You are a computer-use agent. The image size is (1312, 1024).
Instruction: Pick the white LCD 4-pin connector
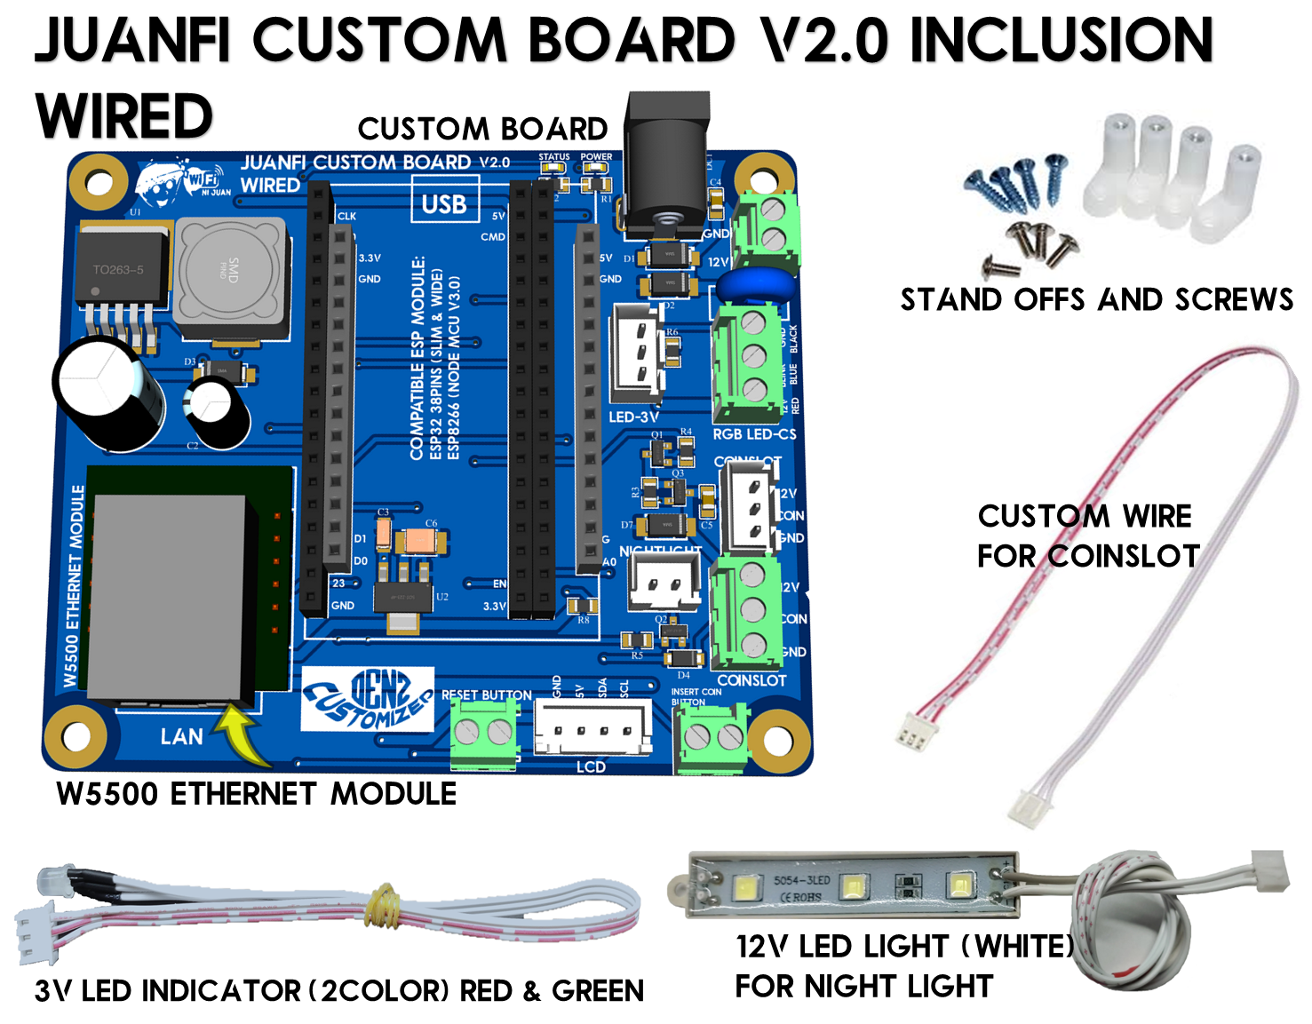592,726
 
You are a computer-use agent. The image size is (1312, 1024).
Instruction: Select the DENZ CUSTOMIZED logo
367,700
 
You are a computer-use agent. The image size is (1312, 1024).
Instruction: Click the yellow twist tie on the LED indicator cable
384,906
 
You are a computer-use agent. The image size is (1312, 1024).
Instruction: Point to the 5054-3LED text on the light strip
801,881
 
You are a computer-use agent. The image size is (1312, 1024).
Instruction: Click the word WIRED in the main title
124,116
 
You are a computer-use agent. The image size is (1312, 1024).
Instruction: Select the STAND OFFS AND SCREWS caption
1096,300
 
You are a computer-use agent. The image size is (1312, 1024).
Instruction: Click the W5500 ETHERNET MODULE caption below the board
256,793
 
